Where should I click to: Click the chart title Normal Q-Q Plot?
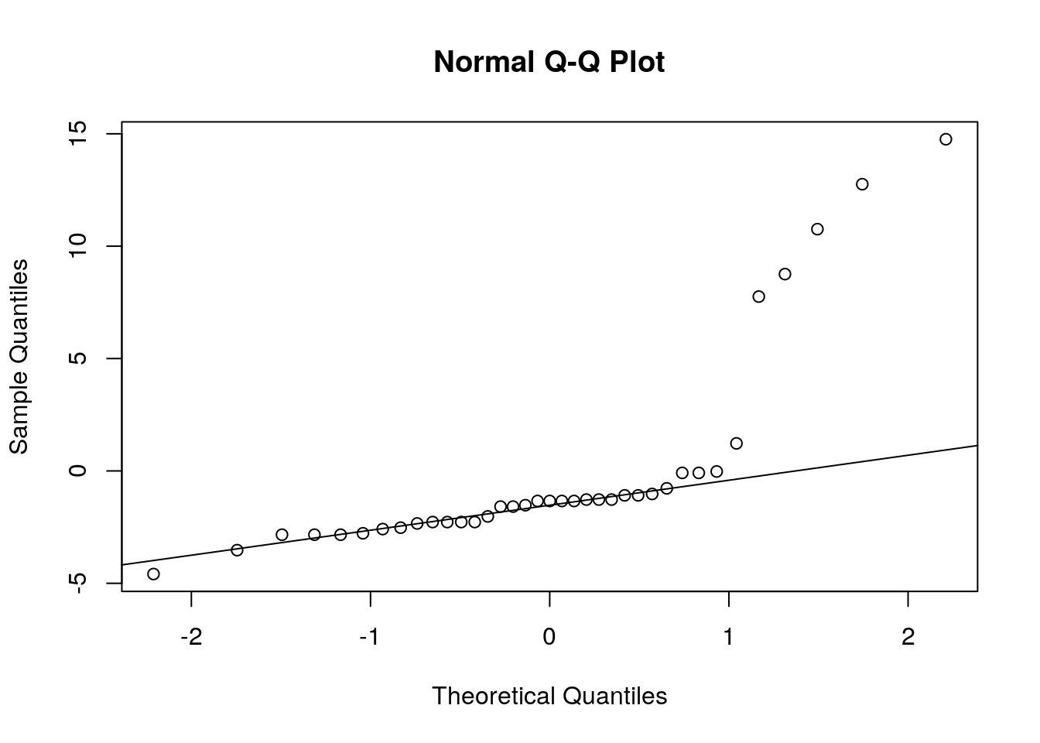click(549, 62)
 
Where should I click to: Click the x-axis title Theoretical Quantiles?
click(549, 696)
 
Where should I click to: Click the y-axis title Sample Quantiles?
click(19, 357)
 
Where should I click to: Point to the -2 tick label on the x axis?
click(191, 637)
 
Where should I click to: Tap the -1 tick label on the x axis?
click(370, 637)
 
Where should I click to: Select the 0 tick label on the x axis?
click(549, 637)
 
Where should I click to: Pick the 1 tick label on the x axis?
click(728, 637)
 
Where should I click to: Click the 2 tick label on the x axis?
click(908, 637)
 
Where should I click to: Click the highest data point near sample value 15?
click(946, 139)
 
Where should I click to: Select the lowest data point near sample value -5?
click(153, 574)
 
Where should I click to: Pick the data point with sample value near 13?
click(862, 184)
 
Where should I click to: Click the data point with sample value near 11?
click(817, 229)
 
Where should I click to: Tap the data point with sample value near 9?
click(785, 274)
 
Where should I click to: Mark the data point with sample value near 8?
click(758, 296)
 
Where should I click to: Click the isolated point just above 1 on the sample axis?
click(737, 443)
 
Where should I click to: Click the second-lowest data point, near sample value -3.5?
click(237, 550)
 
